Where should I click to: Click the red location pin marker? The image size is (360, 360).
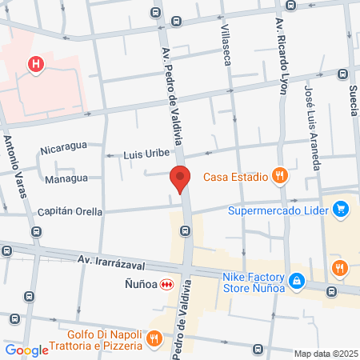coord(180,179)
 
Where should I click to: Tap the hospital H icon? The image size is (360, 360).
coord(35,65)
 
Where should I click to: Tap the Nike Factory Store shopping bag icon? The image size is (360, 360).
coord(296,281)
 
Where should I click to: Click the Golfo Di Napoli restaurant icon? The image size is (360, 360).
coord(154,340)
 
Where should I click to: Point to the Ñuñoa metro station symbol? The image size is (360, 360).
coord(166,284)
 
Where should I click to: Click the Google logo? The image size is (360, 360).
coord(26,350)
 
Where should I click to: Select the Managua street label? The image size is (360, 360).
coord(66,179)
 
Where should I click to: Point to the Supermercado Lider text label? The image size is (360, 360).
coord(279,211)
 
